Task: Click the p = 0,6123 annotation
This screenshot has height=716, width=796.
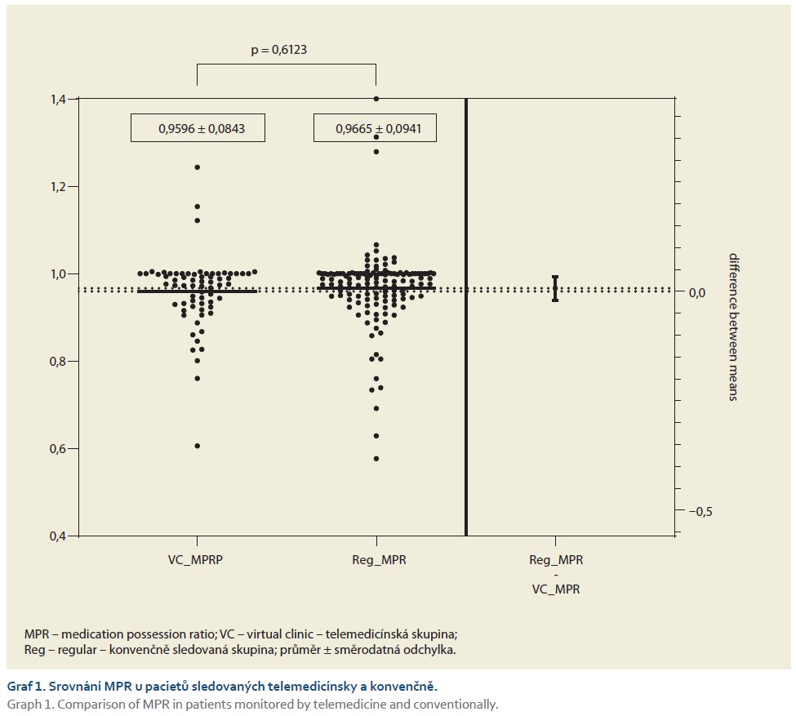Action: point(278,51)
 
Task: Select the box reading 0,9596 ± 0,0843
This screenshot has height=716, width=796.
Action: point(198,128)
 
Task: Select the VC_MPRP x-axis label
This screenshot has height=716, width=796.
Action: point(198,561)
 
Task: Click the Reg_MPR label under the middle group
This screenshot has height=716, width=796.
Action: point(376,561)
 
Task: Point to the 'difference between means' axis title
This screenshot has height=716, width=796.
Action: point(732,327)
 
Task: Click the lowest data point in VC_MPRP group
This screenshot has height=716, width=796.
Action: point(198,446)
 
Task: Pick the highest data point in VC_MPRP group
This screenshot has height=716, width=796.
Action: point(198,167)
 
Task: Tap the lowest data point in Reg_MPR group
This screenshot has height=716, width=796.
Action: point(376,458)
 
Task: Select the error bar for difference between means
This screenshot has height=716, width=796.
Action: point(555,289)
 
